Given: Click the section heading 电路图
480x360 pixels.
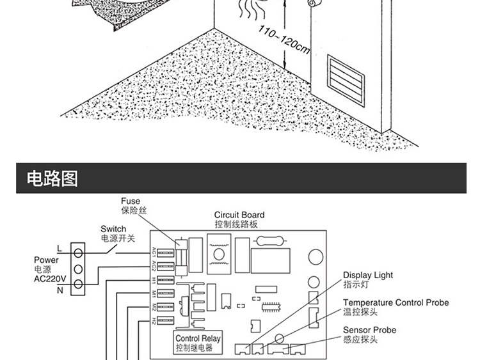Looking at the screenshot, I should click(52, 178).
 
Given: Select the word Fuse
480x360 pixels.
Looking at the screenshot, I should click(131, 201).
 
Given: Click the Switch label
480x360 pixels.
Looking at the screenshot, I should click(113, 229).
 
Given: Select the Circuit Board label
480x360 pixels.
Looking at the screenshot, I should click(239, 215).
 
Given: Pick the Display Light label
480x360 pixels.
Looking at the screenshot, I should click(368, 275).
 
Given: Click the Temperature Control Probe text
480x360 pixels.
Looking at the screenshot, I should click(396, 302).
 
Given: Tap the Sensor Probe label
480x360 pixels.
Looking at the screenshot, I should click(369, 330).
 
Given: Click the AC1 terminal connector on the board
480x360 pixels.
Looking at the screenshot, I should click(164, 251).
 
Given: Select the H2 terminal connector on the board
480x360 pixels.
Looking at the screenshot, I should click(164, 319).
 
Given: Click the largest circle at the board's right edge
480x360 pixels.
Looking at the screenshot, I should click(314, 256).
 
